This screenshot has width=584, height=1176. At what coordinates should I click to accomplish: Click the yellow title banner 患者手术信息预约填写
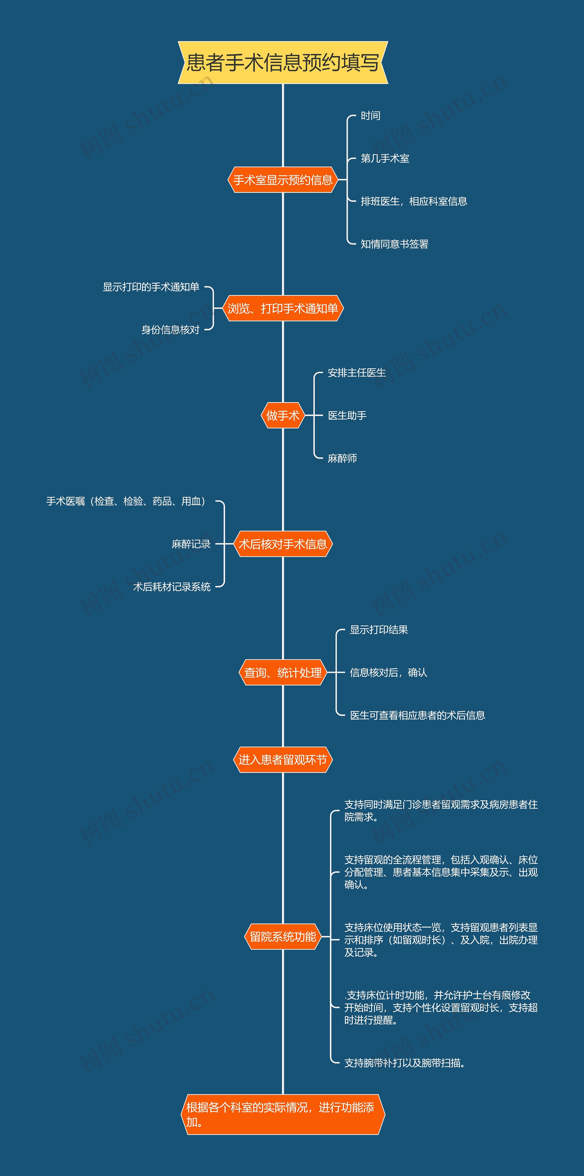[283, 63]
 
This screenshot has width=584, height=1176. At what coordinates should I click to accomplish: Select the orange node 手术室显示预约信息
[283, 180]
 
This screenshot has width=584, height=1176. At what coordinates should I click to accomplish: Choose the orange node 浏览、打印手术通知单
[283, 309]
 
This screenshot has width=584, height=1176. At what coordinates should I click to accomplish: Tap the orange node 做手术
[283, 415]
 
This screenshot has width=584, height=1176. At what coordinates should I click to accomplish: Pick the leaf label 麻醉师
[342, 458]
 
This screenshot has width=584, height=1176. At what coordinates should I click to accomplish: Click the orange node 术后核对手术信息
[283, 544]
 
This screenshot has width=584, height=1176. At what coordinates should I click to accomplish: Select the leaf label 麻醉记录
[191, 544]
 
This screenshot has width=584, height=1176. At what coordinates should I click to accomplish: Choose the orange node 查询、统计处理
[283, 672]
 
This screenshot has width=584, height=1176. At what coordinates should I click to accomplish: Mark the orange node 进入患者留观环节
[283, 760]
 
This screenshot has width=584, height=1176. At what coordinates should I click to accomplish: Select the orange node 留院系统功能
[283, 937]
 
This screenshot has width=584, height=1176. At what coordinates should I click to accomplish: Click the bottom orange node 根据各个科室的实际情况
[283, 1114]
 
